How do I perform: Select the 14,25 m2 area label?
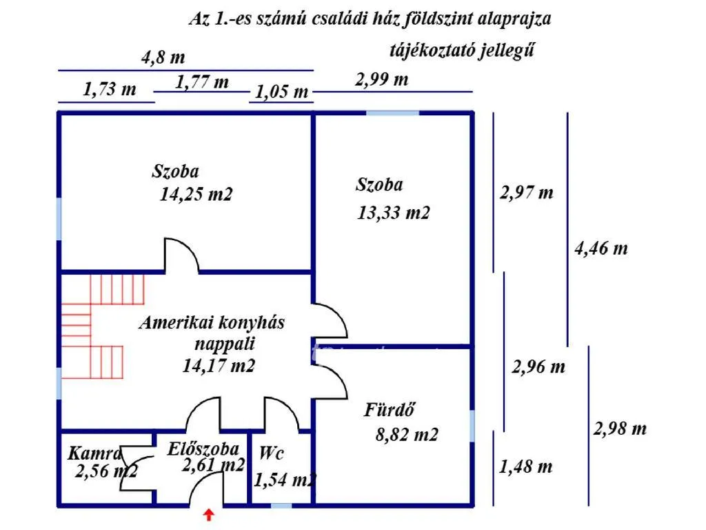coord(196,195)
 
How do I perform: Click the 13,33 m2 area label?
coord(394,213)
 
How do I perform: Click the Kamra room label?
coord(94,453)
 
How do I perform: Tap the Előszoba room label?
coord(203,449)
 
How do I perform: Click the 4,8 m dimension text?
coord(163,58)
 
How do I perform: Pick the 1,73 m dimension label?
coord(110,90)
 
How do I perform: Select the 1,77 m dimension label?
coord(202,83)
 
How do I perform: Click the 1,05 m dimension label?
coord(282,92)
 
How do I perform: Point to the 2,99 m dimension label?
coord(381,79)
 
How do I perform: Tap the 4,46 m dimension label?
coord(601,248)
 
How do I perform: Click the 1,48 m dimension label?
coord(525,467)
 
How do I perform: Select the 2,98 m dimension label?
coord(620,429)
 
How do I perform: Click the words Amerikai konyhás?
coord(212,322)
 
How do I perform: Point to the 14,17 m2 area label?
coord(219,366)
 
